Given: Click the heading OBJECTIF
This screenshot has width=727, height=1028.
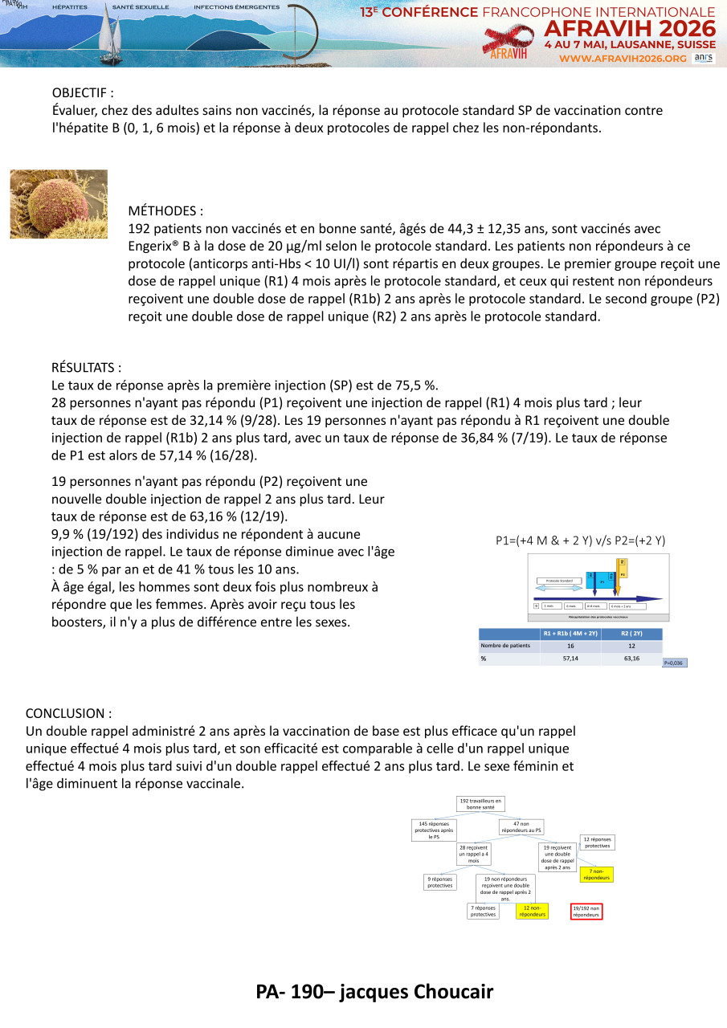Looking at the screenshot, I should click(83, 93).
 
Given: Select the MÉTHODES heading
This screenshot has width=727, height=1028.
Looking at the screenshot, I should click(165, 211).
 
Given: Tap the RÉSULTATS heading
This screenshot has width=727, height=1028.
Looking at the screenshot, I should click(86, 368).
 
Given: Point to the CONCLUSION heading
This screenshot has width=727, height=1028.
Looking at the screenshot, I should click(68, 713).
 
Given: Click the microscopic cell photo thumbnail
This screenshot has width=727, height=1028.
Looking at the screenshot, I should click(59, 204).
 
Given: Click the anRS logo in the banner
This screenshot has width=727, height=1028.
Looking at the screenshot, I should click(703, 58).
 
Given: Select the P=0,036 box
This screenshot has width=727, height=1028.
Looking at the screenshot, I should click(675, 663).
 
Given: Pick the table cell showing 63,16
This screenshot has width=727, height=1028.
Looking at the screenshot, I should click(631, 659).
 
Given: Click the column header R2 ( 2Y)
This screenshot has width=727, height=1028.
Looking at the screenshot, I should click(631, 634).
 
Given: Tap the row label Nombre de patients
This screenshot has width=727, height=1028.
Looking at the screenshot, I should click(504, 646).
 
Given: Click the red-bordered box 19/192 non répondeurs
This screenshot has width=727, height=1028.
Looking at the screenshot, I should click(586, 911).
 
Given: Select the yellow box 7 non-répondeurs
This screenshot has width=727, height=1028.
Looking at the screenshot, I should click(597, 875).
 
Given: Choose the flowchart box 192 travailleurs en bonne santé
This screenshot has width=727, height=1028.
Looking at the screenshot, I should click(480, 804).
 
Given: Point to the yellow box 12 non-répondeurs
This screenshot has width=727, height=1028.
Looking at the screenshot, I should click(532, 911).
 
